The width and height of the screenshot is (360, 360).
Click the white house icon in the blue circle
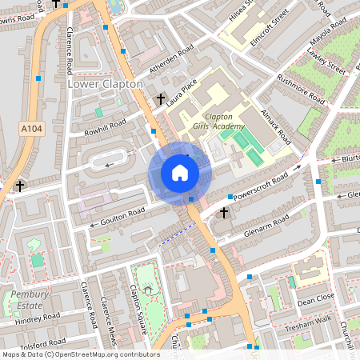(x=179, y=173)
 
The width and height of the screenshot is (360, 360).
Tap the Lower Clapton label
(x=105, y=84)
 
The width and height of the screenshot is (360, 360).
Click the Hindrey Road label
(x=38, y=318)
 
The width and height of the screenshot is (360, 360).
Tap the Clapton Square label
(x=134, y=302)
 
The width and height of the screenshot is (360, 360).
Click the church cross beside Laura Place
(x=161, y=98)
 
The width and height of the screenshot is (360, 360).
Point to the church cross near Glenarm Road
(x=224, y=213)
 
